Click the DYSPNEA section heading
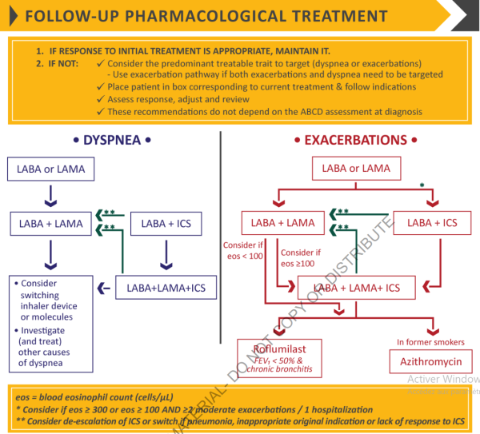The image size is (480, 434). click(112, 140)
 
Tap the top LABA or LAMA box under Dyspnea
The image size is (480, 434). click(50, 169)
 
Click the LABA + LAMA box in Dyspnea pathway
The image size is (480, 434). click(50, 224)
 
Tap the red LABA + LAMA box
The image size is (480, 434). click(278, 223)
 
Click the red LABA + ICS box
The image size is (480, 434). click(432, 223)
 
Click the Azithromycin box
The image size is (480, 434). click(431, 361)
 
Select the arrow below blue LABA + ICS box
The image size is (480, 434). click(164, 254)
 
